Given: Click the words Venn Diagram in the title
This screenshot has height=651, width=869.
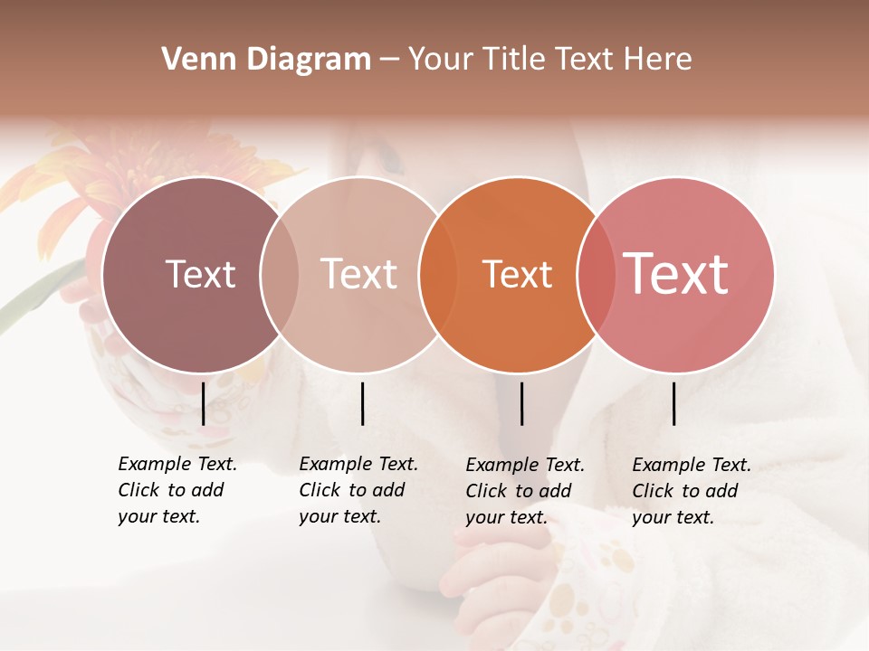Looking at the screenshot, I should [x=266, y=60].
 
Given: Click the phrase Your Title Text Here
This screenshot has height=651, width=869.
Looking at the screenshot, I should [x=549, y=60].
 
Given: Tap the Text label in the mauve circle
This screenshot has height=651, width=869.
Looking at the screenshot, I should [x=200, y=274].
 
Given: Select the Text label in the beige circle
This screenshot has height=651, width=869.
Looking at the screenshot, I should [x=358, y=274].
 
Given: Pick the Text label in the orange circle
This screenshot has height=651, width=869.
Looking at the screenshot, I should [x=517, y=274].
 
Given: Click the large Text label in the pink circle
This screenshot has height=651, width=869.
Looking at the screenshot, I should [x=676, y=274].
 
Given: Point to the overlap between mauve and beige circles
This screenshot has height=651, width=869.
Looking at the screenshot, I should [x=280, y=274].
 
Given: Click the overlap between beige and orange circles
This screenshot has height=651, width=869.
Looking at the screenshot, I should [x=438, y=274].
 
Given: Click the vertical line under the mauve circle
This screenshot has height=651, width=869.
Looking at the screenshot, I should [x=204, y=403].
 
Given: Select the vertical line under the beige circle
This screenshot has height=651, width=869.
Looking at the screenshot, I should [x=362, y=403].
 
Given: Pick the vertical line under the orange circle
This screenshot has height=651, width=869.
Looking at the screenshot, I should [x=521, y=403].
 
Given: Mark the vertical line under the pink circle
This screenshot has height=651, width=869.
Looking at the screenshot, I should [x=674, y=403].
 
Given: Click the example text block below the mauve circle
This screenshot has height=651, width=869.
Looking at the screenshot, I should [x=177, y=490].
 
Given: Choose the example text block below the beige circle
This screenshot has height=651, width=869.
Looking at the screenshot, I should [x=358, y=490].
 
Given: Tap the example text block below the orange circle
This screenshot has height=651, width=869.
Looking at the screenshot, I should [x=524, y=491].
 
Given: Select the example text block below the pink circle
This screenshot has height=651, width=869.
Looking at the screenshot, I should [x=691, y=491].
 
